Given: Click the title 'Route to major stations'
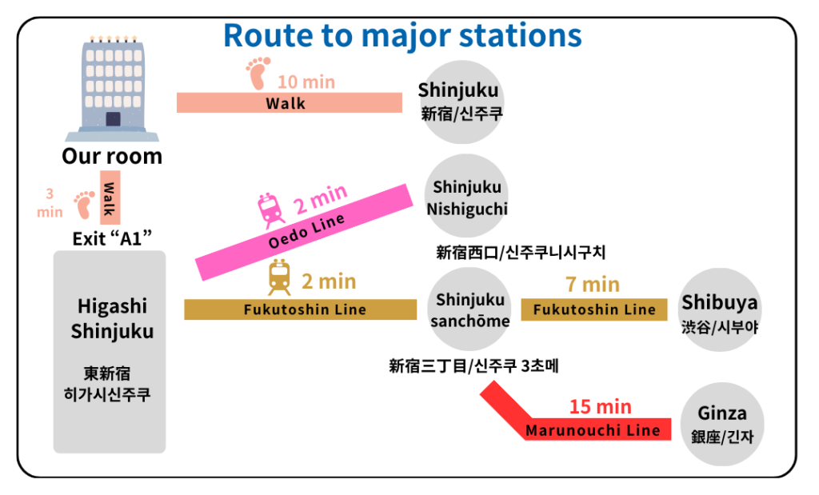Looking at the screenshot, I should point(402,36).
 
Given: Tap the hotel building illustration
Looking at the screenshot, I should point(112,88).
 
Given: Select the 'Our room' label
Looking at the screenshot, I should point(112,156).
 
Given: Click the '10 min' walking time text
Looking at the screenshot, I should point(306,82).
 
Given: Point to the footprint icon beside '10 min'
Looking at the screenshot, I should point(258,73).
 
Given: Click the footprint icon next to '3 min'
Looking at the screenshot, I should point(84,205).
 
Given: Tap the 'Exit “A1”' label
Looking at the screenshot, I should point(112,238).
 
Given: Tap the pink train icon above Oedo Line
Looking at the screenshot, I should point(271,210).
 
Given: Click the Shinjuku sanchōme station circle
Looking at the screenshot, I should point(470,309).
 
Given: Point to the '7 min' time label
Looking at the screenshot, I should point(592,284).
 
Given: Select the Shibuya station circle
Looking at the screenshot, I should point(719,310).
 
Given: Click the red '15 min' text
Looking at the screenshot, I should point(600,406).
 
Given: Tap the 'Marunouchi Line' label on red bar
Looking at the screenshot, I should point(593,430).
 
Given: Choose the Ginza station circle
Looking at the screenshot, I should point(721,424).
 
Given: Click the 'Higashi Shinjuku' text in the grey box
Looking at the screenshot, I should point(112,318).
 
